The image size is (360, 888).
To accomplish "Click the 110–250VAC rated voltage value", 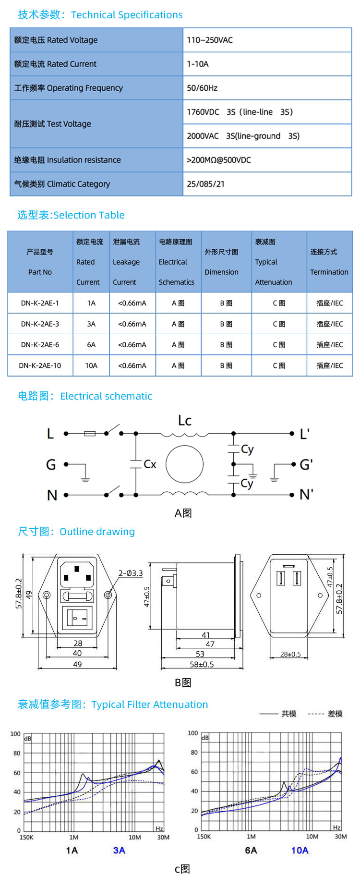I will [x=210, y=40].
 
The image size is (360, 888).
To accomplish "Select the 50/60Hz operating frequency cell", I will [x=202, y=88].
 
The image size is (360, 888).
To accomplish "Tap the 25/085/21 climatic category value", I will [x=205, y=184].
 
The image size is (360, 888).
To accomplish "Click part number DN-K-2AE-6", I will [x=40, y=345].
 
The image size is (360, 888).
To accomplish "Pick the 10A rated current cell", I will [x=91, y=365].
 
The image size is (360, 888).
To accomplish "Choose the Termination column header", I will [x=329, y=262].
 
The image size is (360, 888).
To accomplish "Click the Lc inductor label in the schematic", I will [x=185, y=421].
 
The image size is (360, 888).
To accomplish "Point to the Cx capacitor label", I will [x=150, y=464].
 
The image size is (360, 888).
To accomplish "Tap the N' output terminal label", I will [x=306, y=494].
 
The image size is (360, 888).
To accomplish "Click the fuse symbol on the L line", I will [x=90, y=434].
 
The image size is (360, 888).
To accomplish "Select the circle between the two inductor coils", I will [x=184, y=464].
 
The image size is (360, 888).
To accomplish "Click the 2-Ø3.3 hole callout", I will [x=131, y=573].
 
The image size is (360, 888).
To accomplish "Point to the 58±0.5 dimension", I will [x=202, y=664].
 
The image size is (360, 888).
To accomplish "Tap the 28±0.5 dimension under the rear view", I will [x=290, y=654].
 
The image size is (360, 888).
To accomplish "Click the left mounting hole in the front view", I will [x=47, y=595].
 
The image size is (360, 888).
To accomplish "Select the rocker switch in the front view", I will [x=77, y=618].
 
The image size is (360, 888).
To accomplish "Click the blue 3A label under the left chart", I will [x=119, y=851].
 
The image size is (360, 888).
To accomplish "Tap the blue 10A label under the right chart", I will [x=300, y=851].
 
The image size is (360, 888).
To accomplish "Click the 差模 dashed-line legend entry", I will [x=335, y=714].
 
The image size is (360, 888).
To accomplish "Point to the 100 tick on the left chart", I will [x=15, y=734].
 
